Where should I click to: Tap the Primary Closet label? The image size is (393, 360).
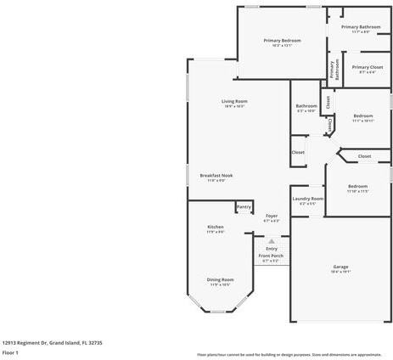(x=368, y=67)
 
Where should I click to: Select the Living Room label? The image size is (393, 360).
(x=234, y=101)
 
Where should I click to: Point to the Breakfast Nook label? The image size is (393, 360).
(x=216, y=175)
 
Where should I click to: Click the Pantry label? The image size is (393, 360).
(x=244, y=206)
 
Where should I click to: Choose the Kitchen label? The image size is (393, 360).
(x=216, y=227)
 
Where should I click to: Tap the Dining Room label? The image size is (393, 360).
(x=220, y=279)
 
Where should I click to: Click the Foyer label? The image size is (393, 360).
(x=272, y=217)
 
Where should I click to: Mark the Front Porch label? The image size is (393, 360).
(x=271, y=256)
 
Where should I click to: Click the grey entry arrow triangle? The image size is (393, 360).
(x=272, y=240)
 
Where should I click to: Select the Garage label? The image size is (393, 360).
(x=340, y=267)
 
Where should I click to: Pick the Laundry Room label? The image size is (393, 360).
(x=307, y=199)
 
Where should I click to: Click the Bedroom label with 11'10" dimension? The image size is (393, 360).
(x=357, y=186)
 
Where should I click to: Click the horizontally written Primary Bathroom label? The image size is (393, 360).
(x=361, y=27)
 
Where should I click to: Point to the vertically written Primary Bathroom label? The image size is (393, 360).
(x=332, y=71)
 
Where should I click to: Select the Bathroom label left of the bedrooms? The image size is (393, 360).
(x=306, y=106)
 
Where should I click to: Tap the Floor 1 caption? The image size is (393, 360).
(x=11, y=352)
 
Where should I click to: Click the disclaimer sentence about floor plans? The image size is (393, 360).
(x=289, y=354)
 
